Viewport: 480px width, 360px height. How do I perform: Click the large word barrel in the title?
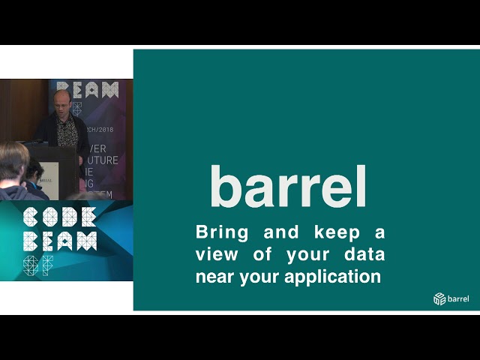(x=288, y=187)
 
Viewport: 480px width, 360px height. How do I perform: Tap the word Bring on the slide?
(x=222, y=232)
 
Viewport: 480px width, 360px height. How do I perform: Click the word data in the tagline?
(x=364, y=254)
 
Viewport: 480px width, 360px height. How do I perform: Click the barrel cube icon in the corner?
(x=439, y=299)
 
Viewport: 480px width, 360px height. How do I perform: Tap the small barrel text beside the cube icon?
(x=458, y=299)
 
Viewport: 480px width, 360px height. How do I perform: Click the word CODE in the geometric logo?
(x=59, y=217)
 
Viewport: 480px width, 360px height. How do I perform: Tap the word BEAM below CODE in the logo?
(x=59, y=241)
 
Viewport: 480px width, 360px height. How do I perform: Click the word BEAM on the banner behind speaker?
(x=88, y=90)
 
